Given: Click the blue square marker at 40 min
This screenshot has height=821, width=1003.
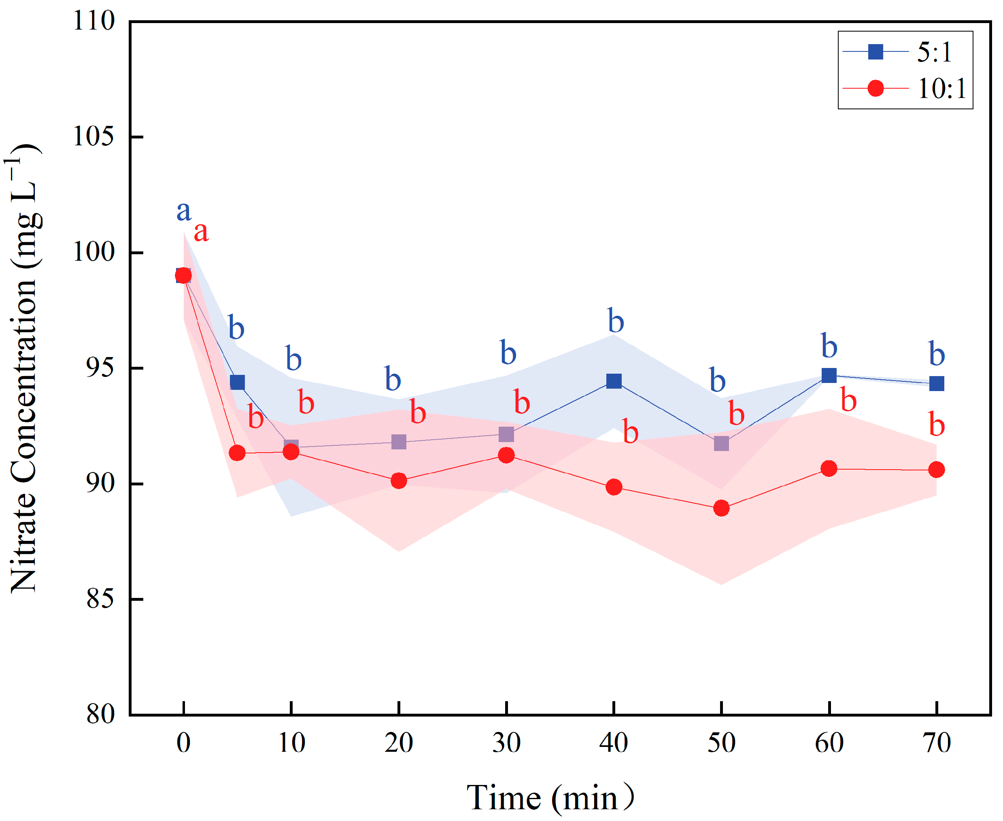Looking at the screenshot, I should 614,381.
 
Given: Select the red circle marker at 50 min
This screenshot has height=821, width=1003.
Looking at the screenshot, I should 721,508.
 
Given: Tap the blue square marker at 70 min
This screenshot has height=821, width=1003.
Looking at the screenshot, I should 936,383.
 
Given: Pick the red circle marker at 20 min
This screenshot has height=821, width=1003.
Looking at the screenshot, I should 399,481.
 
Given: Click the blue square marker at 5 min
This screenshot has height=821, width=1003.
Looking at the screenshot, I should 237,382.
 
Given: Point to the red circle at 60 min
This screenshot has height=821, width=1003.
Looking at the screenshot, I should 829,469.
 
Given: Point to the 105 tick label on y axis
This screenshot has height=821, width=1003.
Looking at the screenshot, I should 93,137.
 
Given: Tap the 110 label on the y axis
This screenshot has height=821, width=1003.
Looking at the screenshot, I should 93,21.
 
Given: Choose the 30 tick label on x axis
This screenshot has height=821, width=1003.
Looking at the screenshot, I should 506,742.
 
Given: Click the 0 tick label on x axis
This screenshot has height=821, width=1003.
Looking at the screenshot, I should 183,742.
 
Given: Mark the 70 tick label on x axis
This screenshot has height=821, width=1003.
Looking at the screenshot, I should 936,742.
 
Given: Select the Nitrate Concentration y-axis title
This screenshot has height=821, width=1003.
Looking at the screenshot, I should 23,369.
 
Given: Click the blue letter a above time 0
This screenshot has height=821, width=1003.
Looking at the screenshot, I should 183,211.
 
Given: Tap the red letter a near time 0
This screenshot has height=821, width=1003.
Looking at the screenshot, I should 201,232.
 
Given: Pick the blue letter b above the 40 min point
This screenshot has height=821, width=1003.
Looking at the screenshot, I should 616,321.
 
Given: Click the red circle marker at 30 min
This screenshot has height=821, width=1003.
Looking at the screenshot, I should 506,455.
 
